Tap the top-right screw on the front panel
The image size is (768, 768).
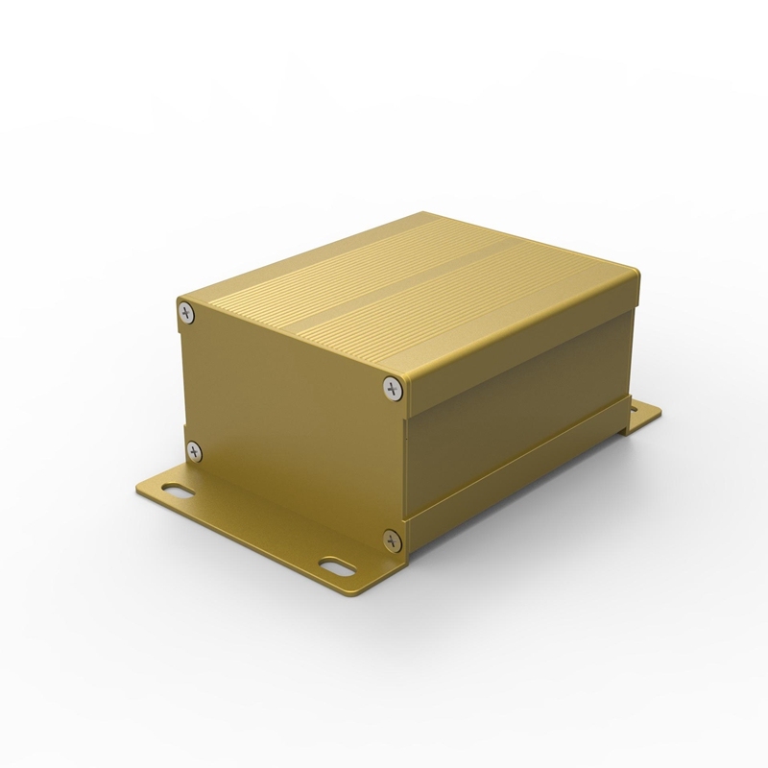pyautogui.click(x=391, y=388)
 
